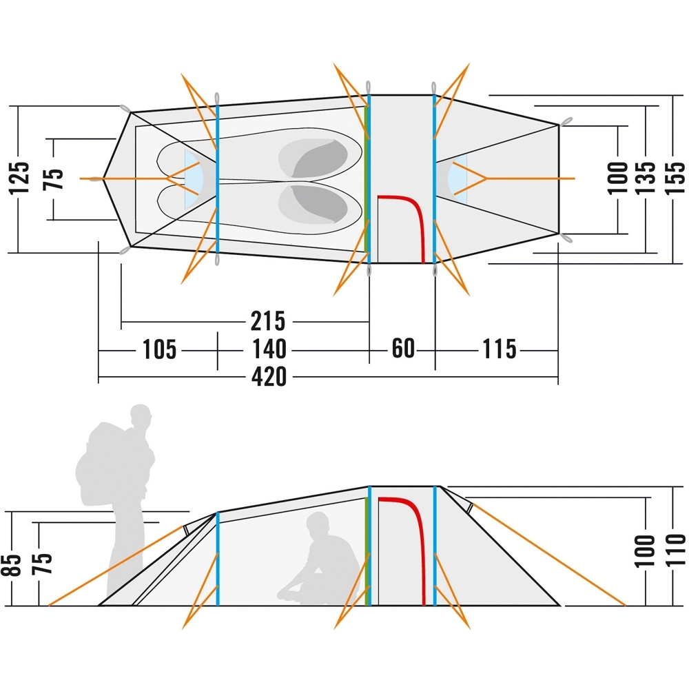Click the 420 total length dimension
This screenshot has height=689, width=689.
pos(269,378)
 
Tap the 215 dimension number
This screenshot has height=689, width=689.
pos(268,321)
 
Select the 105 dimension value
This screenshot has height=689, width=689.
pos(160,349)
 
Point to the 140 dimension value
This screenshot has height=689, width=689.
pos(268,349)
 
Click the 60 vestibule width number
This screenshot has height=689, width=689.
pos(403,349)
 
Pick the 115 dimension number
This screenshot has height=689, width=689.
pos(499,349)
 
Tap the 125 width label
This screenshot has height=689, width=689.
pos(21,178)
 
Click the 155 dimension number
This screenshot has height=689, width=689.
pos(676,178)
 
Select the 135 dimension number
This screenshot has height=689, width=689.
pos(648,178)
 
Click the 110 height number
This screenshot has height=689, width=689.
pos(676,551)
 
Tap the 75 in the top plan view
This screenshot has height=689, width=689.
pos(57,178)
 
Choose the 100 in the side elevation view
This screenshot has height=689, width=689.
pos(647,551)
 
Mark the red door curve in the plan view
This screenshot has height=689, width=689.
pos(411,214)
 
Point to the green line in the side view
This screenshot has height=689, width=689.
pos(366,551)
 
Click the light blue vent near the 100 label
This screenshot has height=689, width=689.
pos(457,178)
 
